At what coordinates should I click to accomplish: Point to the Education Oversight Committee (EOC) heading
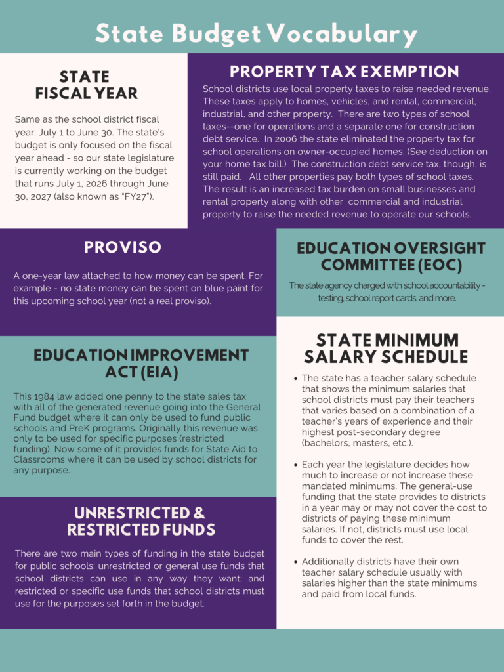(391, 257)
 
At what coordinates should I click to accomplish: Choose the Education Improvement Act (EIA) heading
(141, 364)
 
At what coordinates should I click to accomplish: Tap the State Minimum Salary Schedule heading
(387, 348)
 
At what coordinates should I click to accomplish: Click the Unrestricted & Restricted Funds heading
(140, 521)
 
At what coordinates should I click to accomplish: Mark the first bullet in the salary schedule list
(295, 379)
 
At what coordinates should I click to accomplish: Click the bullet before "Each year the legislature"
(295, 464)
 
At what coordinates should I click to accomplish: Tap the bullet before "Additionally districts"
(295, 562)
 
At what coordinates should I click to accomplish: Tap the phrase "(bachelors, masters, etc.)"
(357, 443)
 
